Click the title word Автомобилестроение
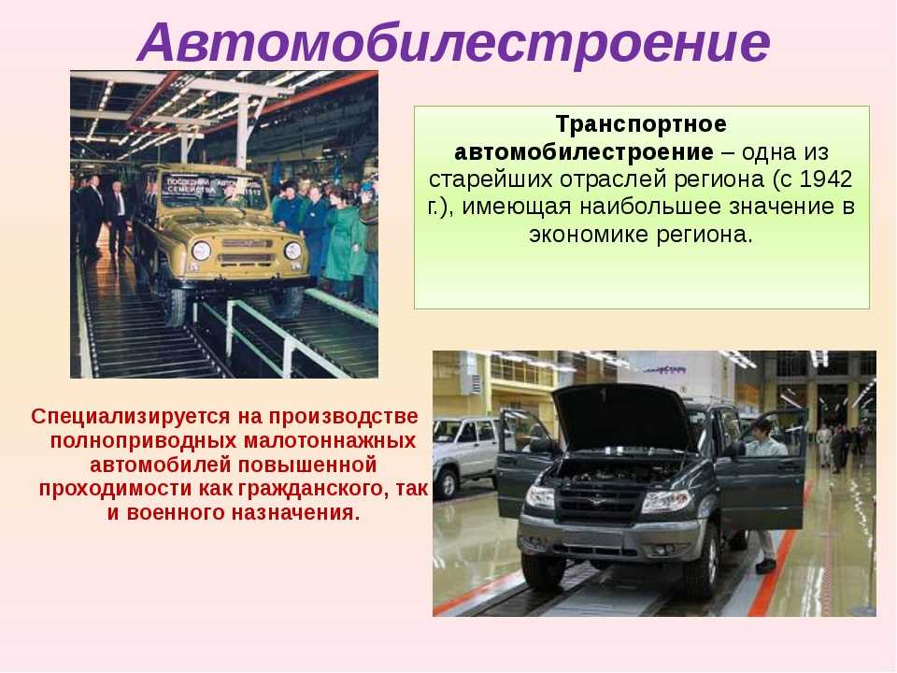click(454, 42)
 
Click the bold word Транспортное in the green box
click(641, 124)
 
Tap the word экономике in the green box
click(588, 234)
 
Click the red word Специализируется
click(131, 417)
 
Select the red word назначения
click(295, 513)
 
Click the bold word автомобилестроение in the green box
click(584, 151)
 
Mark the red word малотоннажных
click(330, 440)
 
